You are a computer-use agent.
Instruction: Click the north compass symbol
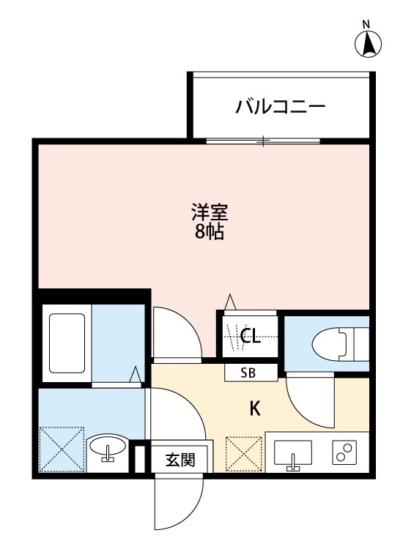pyautogui.click(x=370, y=44)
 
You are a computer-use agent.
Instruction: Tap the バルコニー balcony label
pyautogui.click(x=280, y=108)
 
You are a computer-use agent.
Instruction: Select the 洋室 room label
pyautogui.click(x=210, y=214)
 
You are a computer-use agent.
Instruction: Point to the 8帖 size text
pyautogui.click(x=210, y=234)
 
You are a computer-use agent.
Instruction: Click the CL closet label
pyautogui.click(x=251, y=337)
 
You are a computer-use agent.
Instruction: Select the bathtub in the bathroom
pyautogui.click(x=67, y=343)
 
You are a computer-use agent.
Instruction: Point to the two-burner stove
pyautogui.click(x=344, y=454)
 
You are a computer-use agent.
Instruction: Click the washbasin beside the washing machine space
pyautogui.click(x=108, y=448)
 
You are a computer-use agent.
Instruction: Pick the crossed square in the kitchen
pyautogui.click(x=243, y=454)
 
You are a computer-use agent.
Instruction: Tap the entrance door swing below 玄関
pyautogui.click(x=176, y=505)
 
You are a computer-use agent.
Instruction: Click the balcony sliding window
pyautogui.click(x=264, y=140)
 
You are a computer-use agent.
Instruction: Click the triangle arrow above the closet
pyautogui.click(x=229, y=302)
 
